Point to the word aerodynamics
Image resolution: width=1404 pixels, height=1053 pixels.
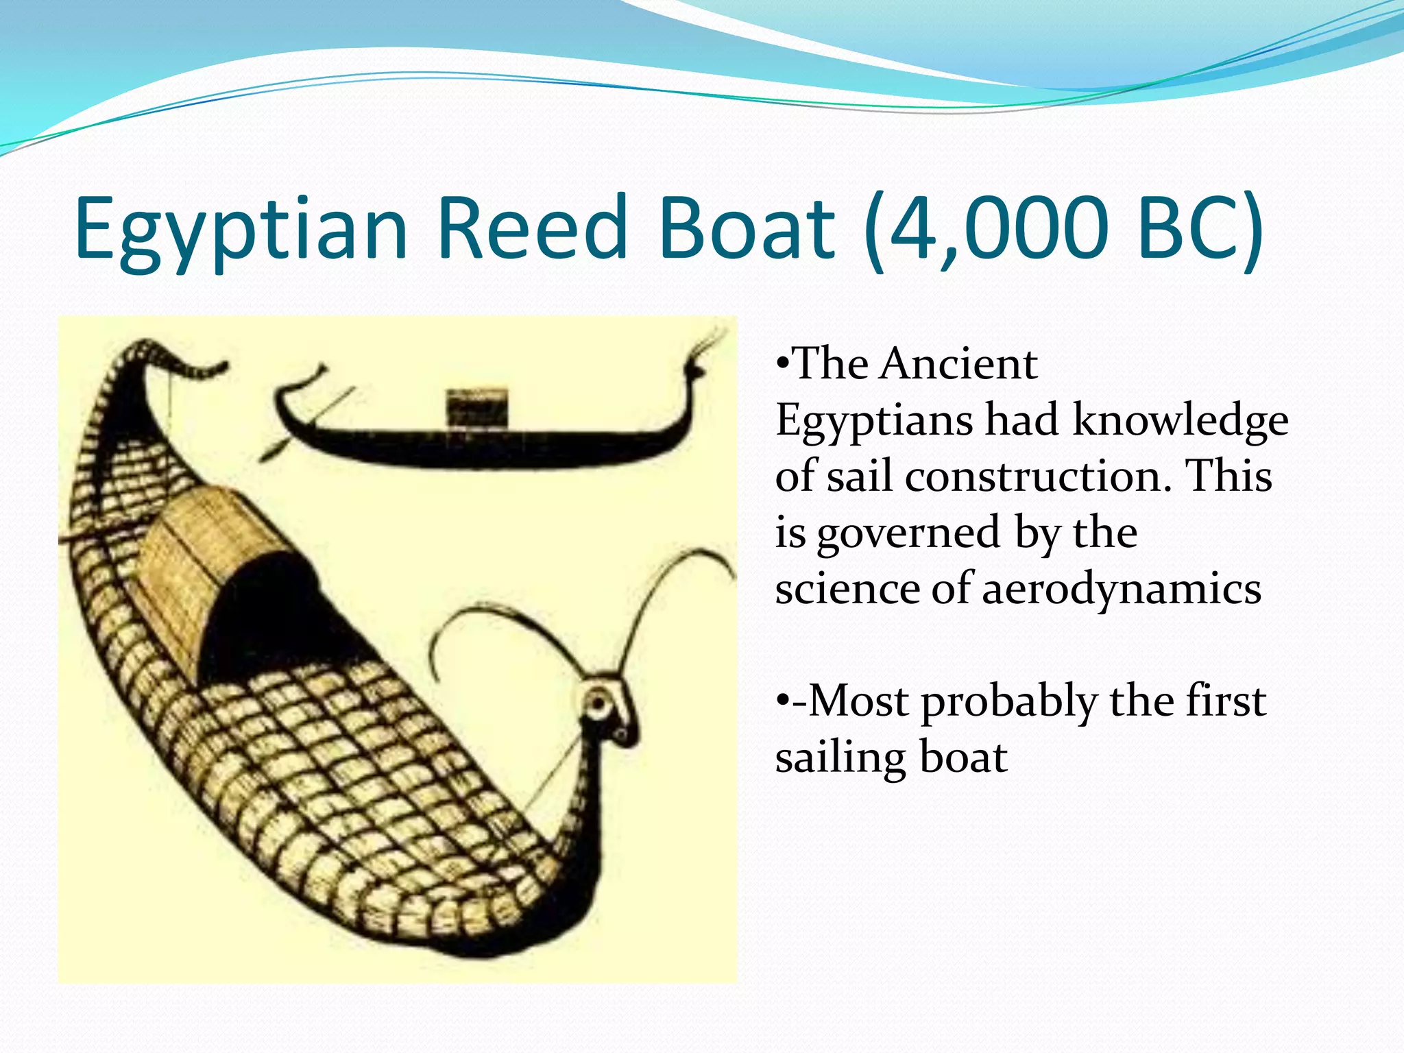pos(1122,590)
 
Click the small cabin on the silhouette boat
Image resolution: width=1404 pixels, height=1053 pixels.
pos(477,408)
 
